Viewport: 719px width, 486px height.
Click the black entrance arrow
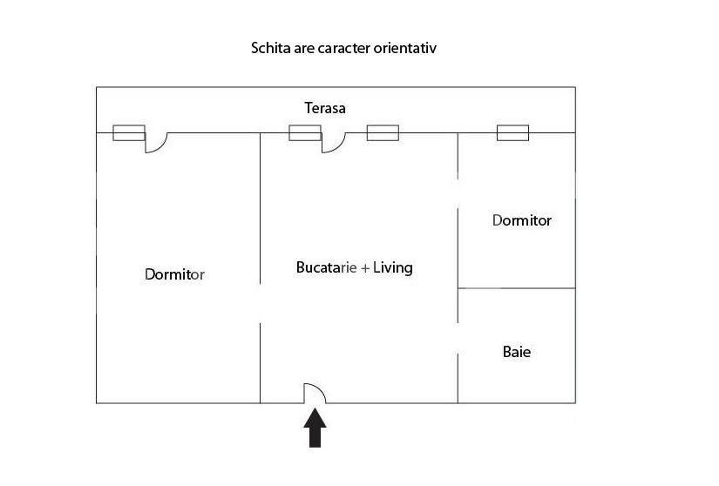[315, 428]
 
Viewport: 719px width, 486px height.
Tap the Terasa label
[325, 108]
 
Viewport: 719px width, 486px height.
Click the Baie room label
[517, 352]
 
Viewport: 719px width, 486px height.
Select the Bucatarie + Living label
[355, 267]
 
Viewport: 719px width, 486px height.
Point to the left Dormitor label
[174, 273]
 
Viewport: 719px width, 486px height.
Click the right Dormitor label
[522, 220]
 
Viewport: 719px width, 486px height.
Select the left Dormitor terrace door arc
[161, 146]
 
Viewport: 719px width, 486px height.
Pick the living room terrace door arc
[338, 146]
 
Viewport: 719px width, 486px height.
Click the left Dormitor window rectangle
[129, 133]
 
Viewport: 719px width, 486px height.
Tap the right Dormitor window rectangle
[513, 133]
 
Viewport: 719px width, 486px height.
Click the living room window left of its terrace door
[305, 133]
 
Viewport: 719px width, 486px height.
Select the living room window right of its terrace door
[383, 133]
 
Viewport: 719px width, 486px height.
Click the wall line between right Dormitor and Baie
[517, 288]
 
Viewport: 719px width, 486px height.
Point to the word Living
[393, 267]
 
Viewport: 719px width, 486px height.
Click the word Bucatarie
[327, 267]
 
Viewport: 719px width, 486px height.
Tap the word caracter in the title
[344, 48]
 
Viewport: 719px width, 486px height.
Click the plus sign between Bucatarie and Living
[365, 268]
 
